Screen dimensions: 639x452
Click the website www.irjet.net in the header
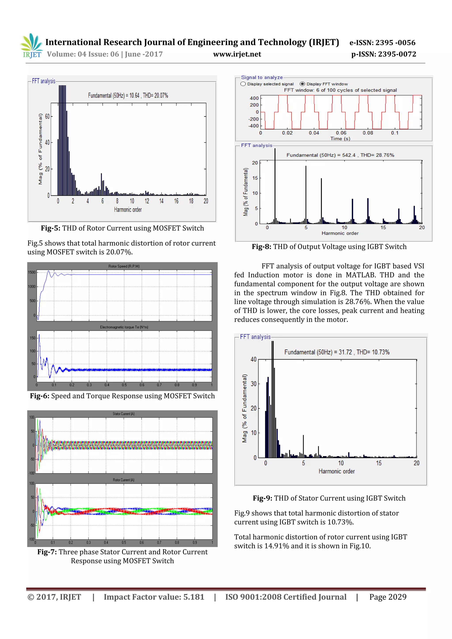237,54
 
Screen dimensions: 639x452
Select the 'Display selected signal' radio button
243,84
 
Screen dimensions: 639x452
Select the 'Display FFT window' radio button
302,84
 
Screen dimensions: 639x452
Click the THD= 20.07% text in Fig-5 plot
155,96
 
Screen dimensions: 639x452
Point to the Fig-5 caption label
50,228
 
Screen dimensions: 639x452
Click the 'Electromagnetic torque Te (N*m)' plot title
124,327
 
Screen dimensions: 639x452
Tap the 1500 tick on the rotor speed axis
32,272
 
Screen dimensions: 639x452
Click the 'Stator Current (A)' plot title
124,414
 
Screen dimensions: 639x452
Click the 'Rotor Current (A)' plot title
124,480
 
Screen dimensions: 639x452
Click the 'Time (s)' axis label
340,139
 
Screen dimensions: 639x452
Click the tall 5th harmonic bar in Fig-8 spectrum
306,195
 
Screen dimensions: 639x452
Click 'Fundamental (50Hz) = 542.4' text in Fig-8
321,155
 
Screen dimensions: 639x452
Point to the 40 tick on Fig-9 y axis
253,359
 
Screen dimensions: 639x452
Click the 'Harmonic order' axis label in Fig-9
336,471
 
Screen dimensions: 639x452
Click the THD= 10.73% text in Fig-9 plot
373,352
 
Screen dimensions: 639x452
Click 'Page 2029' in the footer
388,597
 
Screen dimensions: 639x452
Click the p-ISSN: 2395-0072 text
384,54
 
